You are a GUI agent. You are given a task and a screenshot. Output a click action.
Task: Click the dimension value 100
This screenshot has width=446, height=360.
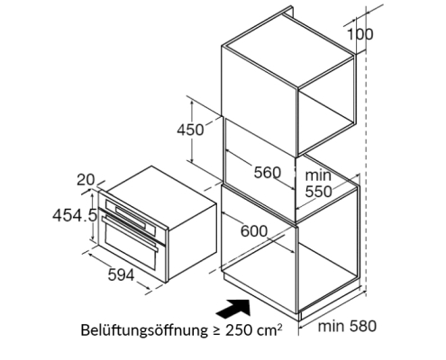coord(360,34)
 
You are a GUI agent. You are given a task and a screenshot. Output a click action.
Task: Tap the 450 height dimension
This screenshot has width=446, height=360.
coord(190,130)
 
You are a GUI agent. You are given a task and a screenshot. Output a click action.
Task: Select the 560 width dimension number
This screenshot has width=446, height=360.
coord(268,173)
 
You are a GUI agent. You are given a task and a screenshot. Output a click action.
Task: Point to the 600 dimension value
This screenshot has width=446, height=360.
coord(254,231)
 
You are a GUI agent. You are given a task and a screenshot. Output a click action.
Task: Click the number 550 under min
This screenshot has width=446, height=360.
coord(319,192)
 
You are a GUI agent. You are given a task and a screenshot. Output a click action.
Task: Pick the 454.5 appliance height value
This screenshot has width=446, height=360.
coord(75,215)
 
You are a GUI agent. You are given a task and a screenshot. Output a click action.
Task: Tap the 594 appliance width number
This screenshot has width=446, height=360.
coord(121,274)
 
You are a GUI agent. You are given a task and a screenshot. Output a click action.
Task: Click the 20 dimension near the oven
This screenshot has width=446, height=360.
coord(86,180)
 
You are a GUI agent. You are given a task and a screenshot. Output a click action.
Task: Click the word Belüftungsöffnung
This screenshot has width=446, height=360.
coord(144,330)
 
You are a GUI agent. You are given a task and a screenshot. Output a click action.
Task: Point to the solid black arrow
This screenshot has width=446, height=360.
coord(233,308)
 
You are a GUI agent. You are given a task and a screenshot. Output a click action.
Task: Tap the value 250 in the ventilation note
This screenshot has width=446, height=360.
coord(239,330)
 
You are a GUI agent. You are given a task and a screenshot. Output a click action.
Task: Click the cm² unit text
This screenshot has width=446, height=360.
coord(270,329)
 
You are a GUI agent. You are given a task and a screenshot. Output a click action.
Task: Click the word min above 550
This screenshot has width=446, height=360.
coord(318,175)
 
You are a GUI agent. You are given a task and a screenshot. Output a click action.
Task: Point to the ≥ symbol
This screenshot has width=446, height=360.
coord(216,330)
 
